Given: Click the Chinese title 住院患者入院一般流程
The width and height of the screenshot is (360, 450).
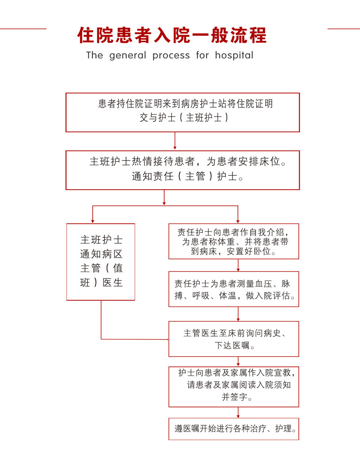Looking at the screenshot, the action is click(172, 36).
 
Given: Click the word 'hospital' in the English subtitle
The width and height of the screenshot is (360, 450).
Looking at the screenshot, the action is click(234, 55).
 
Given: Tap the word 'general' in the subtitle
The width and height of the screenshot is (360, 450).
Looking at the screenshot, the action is click(127, 55).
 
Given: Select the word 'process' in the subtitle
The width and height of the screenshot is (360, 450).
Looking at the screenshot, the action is click(171, 56).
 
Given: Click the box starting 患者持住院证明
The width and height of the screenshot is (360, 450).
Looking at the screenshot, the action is click(183, 112).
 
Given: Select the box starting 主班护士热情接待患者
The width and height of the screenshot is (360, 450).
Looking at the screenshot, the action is click(183, 170).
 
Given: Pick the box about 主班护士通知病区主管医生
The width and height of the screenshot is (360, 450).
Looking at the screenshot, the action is click(101, 262).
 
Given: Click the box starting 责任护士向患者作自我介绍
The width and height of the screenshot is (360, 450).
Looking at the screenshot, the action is click(234, 241).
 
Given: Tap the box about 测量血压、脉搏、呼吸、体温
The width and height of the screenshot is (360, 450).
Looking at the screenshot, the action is click(234, 289).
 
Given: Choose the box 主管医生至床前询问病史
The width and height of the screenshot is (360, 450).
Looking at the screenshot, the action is click(234, 339).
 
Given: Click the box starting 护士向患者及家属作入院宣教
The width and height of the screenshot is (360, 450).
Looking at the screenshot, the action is click(234, 387).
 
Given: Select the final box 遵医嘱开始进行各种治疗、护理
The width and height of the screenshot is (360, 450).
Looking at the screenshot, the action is click(234, 429).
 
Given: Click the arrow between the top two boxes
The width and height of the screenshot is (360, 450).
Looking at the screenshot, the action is click(175, 141).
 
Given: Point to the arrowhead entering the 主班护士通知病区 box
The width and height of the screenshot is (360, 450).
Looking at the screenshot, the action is click(93, 221).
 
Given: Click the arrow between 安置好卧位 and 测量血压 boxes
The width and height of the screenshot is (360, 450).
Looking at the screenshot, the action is click(238, 265).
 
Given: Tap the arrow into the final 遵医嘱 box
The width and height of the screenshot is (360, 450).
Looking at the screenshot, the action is click(238, 412).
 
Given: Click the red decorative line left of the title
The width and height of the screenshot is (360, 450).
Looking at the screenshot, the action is click(23, 29).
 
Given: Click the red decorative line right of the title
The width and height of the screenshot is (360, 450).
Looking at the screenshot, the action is click(344, 29).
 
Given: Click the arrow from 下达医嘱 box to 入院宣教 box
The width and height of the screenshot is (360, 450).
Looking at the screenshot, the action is click(238, 361).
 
